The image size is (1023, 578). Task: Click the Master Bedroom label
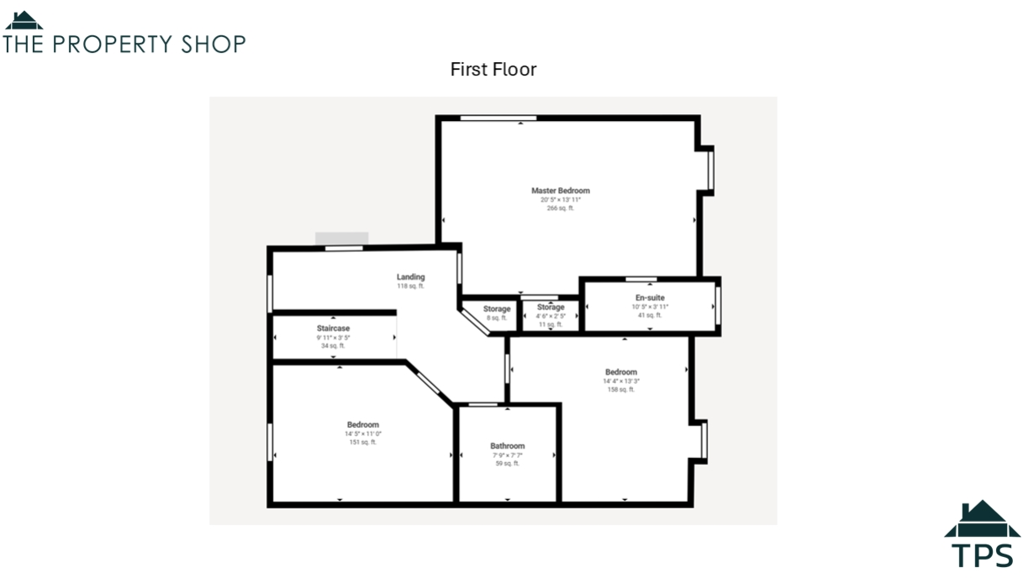(x=560, y=191)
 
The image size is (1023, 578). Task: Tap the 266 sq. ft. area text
(x=560, y=208)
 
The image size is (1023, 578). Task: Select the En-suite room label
(x=650, y=297)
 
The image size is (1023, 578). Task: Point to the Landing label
(x=410, y=276)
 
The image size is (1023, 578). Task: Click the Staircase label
(x=333, y=328)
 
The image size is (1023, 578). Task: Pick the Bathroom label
(x=507, y=446)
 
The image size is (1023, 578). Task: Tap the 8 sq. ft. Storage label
(x=497, y=309)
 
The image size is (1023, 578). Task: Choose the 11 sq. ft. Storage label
(x=551, y=307)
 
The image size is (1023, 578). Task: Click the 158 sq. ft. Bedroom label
(x=620, y=372)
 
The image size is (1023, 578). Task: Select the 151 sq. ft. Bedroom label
(x=362, y=425)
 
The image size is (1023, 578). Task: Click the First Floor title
(x=493, y=70)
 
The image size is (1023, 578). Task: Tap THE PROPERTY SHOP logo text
(x=124, y=45)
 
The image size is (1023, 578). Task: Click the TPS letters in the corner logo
(x=982, y=555)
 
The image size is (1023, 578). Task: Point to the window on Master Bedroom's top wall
(x=498, y=118)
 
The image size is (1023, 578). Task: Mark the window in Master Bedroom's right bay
(x=710, y=171)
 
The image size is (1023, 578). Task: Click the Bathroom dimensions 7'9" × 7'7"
(x=507, y=455)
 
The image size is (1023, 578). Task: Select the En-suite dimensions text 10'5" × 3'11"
(x=650, y=307)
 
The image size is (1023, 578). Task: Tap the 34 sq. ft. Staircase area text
(x=333, y=345)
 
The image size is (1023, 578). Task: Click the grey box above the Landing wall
(x=341, y=239)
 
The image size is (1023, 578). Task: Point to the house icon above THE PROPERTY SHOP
(x=24, y=21)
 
